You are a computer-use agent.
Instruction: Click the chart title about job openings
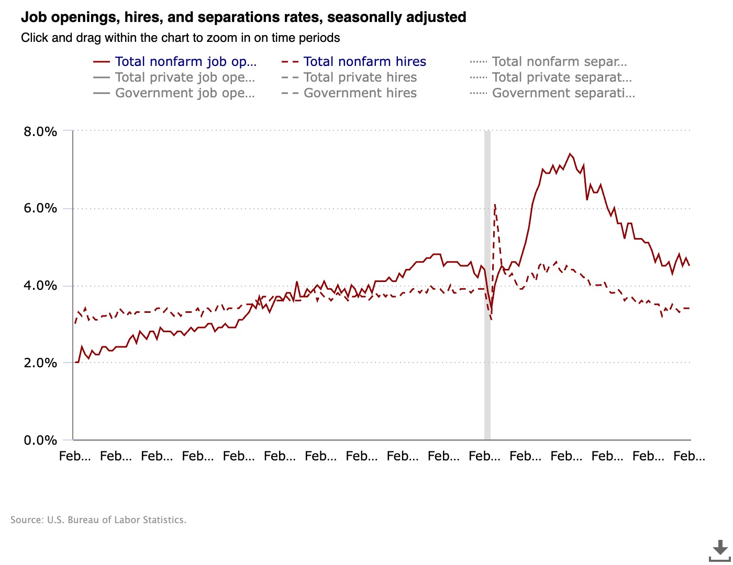coord(243,17)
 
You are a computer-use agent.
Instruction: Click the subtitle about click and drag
coord(180,38)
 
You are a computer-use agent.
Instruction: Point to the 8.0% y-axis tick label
coord(40,131)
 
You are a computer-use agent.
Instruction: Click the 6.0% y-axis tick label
coord(40,208)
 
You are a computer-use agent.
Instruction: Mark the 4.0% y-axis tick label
coord(40,286)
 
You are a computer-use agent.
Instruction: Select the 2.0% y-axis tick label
coord(40,363)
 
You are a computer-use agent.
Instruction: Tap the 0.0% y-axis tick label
coord(40,440)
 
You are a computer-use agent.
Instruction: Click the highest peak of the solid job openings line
coord(570,154)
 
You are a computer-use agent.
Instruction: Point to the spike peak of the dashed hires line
coord(495,205)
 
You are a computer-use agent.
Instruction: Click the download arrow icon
coord(720,550)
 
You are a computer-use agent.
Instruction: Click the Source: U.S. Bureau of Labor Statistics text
coord(98,520)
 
